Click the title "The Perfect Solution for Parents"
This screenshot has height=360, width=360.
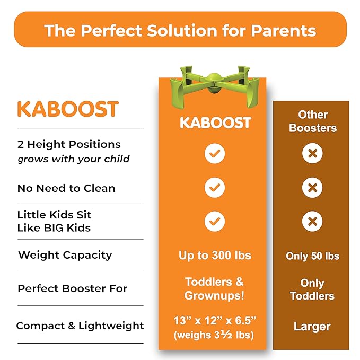click(x=180, y=30)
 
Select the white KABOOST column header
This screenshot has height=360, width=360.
click(x=215, y=122)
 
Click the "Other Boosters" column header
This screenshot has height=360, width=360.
click(x=313, y=121)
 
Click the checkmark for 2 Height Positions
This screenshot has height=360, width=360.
click(x=215, y=154)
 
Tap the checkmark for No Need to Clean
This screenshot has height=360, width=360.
click(x=215, y=188)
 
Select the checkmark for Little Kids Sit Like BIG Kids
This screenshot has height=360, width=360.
click(x=215, y=221)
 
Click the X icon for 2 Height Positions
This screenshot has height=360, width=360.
click(x=313, y=154)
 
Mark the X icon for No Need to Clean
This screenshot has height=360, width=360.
click(x=313, y=188)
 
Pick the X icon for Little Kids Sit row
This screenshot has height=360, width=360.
click(x=313, y=221)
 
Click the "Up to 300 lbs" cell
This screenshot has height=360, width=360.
click(x=215, y=255)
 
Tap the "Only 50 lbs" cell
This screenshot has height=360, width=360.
click(x=313, y=256)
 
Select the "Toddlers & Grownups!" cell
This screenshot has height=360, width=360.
click(x=215, y=288)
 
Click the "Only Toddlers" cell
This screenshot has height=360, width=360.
click(x=313, y=289)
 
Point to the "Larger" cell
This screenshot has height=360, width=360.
click(x=313, y=326)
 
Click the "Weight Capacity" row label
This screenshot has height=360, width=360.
click(x=65, y=255)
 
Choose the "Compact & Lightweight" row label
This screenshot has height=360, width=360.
click(x=80, y=326)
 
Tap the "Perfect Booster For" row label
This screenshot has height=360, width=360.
click(x=73, y=289)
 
